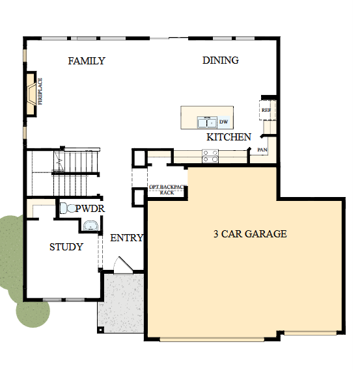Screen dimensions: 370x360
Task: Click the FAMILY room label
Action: coord(87,61)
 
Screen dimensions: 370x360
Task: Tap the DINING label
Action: coord(220,60)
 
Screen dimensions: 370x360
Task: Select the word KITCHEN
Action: coord(228,137)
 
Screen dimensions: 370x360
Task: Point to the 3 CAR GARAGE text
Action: coord(250,233)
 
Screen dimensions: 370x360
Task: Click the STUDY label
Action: coord(66,247)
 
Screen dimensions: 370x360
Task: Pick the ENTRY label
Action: coord(126,238)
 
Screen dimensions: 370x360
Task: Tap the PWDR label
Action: coord(90,209)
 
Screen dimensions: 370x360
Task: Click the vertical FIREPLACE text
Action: coord(40,91)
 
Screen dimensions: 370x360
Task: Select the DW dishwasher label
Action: coord(223,122)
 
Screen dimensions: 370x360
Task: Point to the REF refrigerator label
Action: coord(266,111)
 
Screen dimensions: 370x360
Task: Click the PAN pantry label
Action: coord(262,150)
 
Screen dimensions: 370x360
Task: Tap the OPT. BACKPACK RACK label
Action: coord(167,190)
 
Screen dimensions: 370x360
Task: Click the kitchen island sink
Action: coord(207,122)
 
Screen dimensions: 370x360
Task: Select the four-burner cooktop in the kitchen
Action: coord(211,155)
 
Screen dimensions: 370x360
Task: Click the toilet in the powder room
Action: coord(67,208)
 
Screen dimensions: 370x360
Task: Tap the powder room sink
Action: coord(90,225)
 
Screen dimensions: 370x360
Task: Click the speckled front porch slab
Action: coord(121,302)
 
